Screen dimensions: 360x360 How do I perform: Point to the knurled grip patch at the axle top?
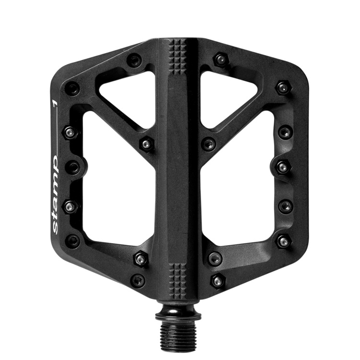click(180, 56)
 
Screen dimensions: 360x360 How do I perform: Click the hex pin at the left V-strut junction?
click(145, 144)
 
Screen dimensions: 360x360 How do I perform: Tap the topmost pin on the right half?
click(221, 60)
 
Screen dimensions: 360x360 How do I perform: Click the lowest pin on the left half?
click(138, 280)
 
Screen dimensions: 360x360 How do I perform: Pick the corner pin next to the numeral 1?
click(72, 88)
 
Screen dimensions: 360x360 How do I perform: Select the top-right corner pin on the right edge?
click(282, 87)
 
